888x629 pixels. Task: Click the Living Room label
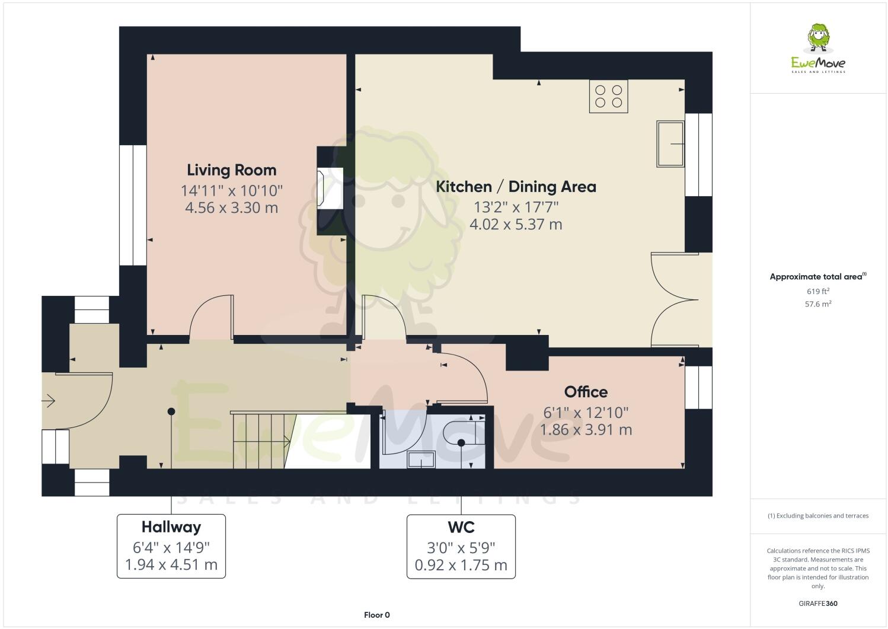[x=231, y=170]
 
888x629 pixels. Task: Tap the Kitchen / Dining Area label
[x=516, y=187]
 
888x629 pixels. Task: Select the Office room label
[x=586, y=392]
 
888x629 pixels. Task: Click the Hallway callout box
[x=171, y=546]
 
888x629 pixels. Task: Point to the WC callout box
[x=461, y=546]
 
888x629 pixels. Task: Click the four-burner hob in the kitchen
[x=608, y=96]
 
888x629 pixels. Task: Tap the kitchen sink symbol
[x=670, y=143]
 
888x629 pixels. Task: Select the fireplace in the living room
[x=330, y=189]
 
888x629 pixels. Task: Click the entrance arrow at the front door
[x=49, y=401]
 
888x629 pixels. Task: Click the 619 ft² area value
[x=817, y=291]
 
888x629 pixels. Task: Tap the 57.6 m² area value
[x=817, y=304]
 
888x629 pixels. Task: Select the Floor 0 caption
[x=376, y=615]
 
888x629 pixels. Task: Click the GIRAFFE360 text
[x=818, y=604]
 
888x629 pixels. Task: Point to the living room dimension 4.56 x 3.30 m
[x=231, y=208]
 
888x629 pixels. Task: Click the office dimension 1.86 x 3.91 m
[x=586, y=429]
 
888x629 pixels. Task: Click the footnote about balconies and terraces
[x=818, y=515]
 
